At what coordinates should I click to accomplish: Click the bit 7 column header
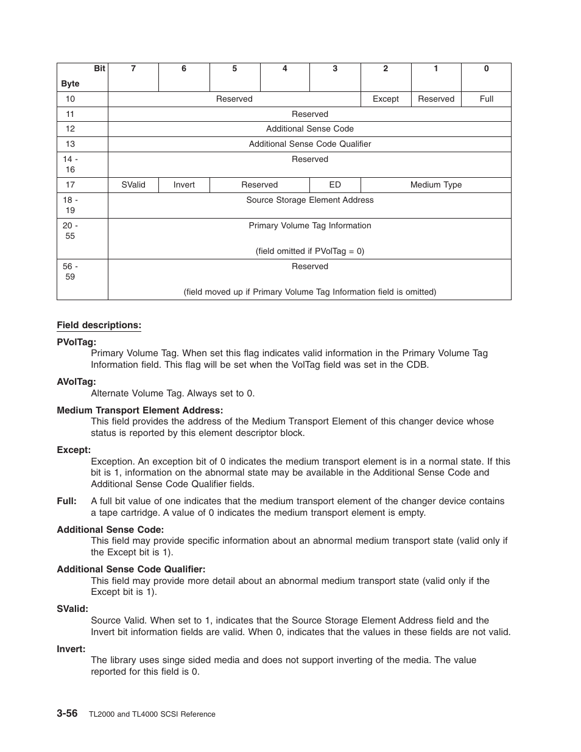pos(133,69)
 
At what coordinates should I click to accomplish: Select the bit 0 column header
pos(486,69)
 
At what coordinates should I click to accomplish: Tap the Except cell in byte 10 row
pos(386,99)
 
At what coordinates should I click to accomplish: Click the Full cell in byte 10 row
pos(486,99)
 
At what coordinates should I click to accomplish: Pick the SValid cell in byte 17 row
pos(133,185)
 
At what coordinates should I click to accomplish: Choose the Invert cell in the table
pos(184,185)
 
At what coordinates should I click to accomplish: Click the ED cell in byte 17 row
pos(335,185)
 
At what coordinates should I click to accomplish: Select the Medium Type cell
pos(435,185)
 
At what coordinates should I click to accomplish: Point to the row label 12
pos(70,129)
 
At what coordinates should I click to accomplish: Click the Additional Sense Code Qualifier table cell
pos(309,144)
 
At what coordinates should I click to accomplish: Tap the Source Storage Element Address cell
pos(309,200)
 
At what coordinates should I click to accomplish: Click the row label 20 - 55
pos(70,231)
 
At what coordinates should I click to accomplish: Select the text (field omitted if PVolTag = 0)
pos(309,251)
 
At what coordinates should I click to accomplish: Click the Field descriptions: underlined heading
pos(99,325)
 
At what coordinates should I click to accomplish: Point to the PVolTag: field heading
pos(76,342)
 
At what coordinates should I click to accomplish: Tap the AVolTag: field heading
pos(76,382)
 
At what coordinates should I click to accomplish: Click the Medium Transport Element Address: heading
pos(139,410)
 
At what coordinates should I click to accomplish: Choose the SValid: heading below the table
pos(72,609)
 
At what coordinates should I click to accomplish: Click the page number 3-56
pos(67,714)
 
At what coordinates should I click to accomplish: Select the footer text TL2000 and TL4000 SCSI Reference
pos(152,714)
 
